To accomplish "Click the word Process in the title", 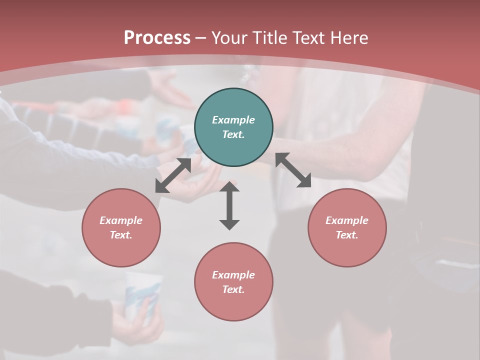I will click(x=157, y=38).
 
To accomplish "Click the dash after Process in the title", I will click(x=201, y=38).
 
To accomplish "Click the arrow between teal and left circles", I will click(x=173, y=175).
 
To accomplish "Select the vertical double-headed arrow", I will click(x=229, y=206).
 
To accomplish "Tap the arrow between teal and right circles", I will click(x=293, y=170).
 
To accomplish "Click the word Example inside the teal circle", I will click(x=233, y=120).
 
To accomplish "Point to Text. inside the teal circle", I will click(x=233, y=134).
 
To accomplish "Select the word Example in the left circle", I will click(x=121, y=220).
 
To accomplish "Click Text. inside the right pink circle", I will click(x=347, y=235).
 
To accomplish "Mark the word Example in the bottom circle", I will click(x=233, y=275).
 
